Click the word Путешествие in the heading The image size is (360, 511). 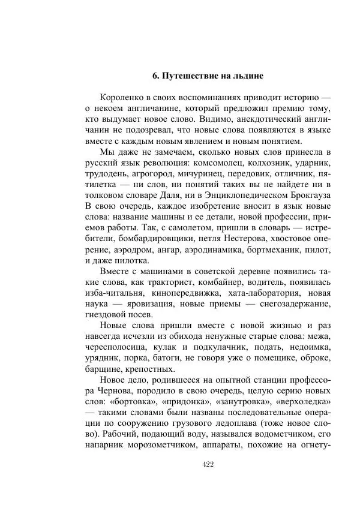point(194,76)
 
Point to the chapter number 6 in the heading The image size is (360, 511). point(155,76)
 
